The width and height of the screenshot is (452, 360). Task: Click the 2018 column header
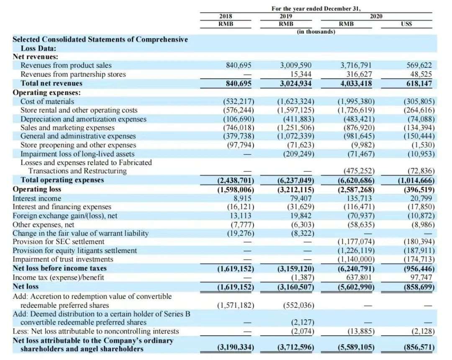(x=226, y=16)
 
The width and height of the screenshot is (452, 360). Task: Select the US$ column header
(x=406, y=24)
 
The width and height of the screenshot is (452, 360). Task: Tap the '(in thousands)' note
(x=316, y=31)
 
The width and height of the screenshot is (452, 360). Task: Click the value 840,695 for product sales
(x=238, y=65)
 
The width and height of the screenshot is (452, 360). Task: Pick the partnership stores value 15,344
(x=300, y=74)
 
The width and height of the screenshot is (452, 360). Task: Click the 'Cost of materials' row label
(x=47, y=101)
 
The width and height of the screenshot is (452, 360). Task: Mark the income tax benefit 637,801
(x=359, y=277)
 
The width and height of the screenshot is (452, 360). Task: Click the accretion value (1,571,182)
(x=235, y=305)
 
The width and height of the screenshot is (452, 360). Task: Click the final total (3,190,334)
(x=236, y=347)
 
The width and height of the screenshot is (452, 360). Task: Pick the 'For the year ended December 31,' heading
(x=316, y=8)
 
